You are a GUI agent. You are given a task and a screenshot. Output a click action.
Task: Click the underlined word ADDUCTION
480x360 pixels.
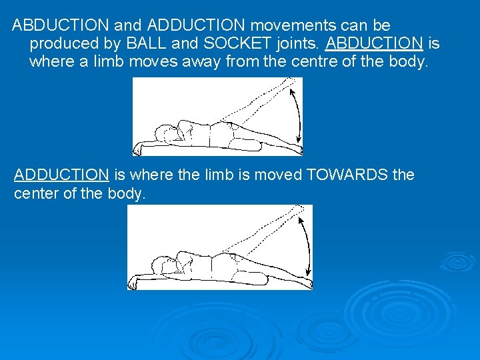point(61,175)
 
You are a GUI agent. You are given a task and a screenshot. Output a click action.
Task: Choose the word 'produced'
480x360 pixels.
point(61,43)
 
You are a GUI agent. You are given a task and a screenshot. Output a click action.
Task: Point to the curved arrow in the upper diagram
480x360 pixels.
point(297,117)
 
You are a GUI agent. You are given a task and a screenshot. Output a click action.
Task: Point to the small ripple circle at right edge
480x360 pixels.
point(459,261)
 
